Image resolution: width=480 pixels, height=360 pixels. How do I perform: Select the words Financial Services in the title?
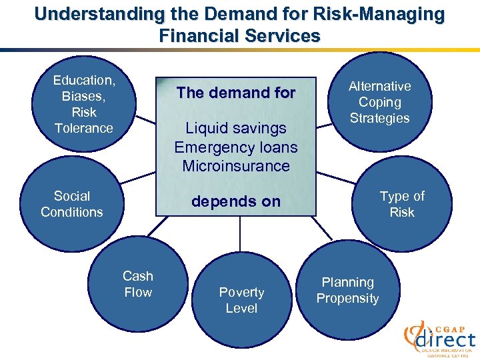240,35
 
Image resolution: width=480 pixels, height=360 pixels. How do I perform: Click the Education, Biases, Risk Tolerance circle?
84,104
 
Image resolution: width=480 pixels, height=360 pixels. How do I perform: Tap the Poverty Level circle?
241,300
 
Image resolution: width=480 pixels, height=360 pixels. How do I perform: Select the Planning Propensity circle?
347,291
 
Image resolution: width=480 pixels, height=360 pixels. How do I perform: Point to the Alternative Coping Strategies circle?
379,102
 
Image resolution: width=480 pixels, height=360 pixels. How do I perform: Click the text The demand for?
235,93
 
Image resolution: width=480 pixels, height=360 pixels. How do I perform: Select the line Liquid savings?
235,128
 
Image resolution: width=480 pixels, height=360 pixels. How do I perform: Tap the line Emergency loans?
235,147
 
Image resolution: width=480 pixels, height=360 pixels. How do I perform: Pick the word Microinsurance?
235,165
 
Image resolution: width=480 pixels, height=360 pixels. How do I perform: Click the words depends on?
235,201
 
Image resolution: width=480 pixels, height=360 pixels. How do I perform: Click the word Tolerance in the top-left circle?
84,128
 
